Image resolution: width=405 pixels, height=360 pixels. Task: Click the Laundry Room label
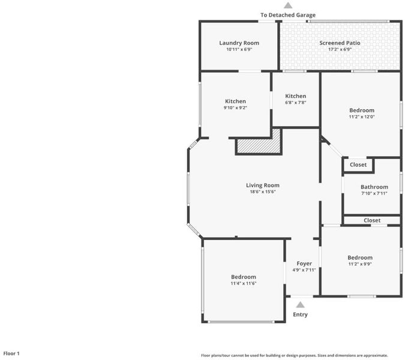coord(239,43)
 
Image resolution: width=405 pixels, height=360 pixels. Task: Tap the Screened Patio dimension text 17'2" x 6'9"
coord(340,49)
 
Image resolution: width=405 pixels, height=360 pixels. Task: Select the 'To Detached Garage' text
coord(288,15)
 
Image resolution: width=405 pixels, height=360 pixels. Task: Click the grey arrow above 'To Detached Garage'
coord(288,5)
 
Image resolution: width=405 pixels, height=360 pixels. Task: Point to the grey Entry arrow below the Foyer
coord(300,305)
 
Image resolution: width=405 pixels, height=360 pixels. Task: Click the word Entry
coord(300,314)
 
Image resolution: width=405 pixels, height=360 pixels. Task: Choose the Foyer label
coord(304,263)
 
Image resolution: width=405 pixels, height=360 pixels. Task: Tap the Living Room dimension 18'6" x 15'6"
coord(263,191)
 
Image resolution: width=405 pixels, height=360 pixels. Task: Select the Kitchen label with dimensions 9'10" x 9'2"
coord(235,101)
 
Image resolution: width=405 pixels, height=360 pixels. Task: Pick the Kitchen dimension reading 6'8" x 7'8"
coord(295,103)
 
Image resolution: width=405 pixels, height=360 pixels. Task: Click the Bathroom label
coord(374,187)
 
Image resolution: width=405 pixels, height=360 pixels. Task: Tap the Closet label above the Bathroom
coord(358,165)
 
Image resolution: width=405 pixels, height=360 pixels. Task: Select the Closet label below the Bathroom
coord(372,220)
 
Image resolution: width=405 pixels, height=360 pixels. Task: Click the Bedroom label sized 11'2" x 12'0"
coord(362,110)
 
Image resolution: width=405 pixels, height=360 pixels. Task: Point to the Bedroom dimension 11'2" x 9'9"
coord(360,264)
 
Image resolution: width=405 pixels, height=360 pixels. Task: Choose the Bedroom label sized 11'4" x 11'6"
coord(244,277)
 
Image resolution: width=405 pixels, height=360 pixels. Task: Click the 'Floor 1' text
coord(11,353)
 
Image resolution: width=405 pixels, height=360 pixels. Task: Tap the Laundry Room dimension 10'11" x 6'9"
coord(239,49)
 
